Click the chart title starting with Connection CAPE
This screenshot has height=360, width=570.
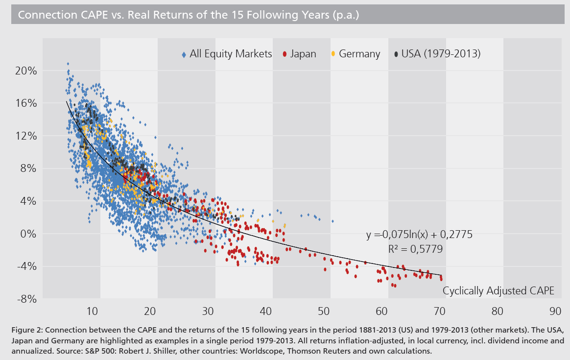pyautogui.click(x=189, y=15)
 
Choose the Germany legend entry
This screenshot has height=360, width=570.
pyautogui.click(x=356, y=54)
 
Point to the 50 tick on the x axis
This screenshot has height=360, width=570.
pyautogui.click(x=323, y=311)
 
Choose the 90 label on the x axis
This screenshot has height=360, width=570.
pyautogui.click(x=555, y=311)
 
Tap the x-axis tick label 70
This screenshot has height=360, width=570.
pyautogui.click(x=439, y=311)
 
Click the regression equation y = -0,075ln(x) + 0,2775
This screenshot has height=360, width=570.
pyautogui.click(x=419, y=235)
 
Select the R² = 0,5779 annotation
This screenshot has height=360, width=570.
pyautogui.click(x=415, y=249)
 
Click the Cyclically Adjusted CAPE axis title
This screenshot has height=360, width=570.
pyautogui.click(x=498, y=291)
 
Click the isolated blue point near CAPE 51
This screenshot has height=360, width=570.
pyautogui.click(x=332, y=221)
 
